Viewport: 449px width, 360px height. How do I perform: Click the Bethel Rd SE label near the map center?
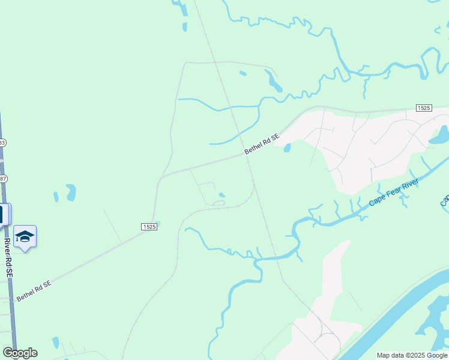(x=262, y=145)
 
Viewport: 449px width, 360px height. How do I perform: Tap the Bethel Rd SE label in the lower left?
(x=34, y=290)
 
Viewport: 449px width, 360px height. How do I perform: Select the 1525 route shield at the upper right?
(x=423, y=107)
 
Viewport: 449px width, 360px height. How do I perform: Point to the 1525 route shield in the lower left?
(x=149, y=226)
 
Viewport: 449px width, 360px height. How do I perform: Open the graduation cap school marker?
(x=25, y=236)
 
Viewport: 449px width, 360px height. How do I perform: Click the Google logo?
(x=20, y=353)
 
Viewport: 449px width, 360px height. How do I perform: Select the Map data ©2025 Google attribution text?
(x=412, y=355)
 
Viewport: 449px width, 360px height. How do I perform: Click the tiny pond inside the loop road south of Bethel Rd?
(x=222, y=194)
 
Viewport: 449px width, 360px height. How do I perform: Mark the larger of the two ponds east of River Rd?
(x=71, y=192)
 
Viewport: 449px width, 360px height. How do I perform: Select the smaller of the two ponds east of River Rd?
(x=56, y=196)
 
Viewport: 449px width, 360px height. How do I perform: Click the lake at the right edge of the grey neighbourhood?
(x=439, y=135)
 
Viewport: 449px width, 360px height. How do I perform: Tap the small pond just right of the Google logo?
(x=55, y=343)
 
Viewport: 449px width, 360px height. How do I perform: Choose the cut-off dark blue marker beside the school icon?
(x=4, y=214)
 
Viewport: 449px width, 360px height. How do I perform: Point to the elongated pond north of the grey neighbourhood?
(x=273, y=80)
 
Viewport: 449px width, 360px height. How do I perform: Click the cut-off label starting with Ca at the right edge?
(x=445, y=200)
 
